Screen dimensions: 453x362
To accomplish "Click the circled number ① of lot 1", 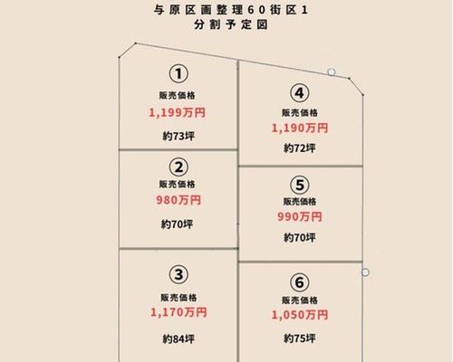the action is click(x=178, y=74).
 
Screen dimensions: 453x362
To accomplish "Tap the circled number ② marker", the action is click(x=178, y=167).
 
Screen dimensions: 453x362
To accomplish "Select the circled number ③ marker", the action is click(x=178, y=275).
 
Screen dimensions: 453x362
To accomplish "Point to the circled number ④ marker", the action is click(x=299, y=93).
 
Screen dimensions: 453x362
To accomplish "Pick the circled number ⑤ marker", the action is click(x=300, y=185).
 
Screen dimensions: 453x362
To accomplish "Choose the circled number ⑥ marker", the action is click(x=300, y=282).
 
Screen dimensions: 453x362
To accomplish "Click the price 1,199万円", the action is click(x=178, y=113).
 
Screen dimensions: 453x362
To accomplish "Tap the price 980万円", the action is click(x=178, y=200).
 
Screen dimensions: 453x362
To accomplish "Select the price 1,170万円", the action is click(x=178, y=312).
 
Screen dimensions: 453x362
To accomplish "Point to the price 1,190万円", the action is click(x=300, y=128).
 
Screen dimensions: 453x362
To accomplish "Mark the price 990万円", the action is click(x=300, y=216).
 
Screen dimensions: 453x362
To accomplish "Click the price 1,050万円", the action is click(x=300, y=315).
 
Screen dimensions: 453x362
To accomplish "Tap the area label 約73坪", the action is click(x=178, y=137).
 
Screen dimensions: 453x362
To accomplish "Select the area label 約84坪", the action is click(x=178, y=339).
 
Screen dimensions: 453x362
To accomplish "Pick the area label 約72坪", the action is click(x=300, y=148).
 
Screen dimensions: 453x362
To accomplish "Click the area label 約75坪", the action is click(x=300, y=338).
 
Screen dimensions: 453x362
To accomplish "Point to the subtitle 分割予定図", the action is click(x=231, y=24).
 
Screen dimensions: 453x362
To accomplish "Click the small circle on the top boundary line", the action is click(x=332, y=72).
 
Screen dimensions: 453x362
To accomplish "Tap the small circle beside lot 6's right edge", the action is click(x=365, y=272).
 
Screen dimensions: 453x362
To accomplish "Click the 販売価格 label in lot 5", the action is click(x=300, y=202).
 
